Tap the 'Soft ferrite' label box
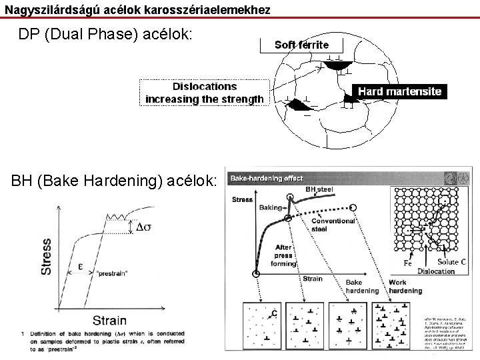pyautogui.click(x=301, y=45)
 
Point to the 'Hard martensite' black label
pyautogui.click(x=399, y=91)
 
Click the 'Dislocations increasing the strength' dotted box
pyautogui.click(x=204, y=93)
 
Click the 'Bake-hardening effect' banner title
pyautogui.click(x=267, y=179)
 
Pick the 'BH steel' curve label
pyautogui.click(x=319, y=189)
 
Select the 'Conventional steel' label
pyautogui.click(x=333, y=225)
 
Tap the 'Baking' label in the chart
pyautogui.click(x=271, y=207)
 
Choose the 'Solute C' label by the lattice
pyautogui.click(x=452, y=262)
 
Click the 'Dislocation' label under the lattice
pyautogui.click(x=436, y=271)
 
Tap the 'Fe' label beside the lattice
pyautogui.click(x=408, y=263)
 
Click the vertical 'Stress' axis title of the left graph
pyautogui.click(x=47, y=256)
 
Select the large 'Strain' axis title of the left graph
pyautogui.click(x=109, y=321)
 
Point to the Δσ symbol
pyautogui.click(x=143, y=227)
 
